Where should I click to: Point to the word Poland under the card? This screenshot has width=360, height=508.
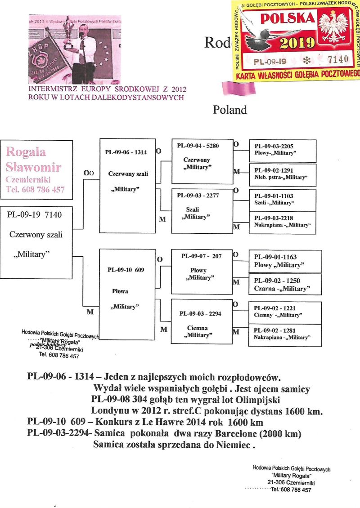(x=230, y=110)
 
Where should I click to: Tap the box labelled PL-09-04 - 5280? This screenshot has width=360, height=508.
(x=202, y=160)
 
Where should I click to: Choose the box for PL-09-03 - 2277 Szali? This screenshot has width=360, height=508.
(x=202, y=210)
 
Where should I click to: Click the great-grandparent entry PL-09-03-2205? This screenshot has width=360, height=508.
(x=285, y=150)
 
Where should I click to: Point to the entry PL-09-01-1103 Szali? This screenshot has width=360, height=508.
(x=285, y=200)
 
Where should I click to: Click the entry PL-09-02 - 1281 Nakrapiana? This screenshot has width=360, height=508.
(x=285, y=333)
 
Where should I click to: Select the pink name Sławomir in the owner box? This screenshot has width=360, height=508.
(x=34, y=168)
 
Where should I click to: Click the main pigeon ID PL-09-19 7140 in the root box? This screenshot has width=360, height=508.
(x=35, y=214)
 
